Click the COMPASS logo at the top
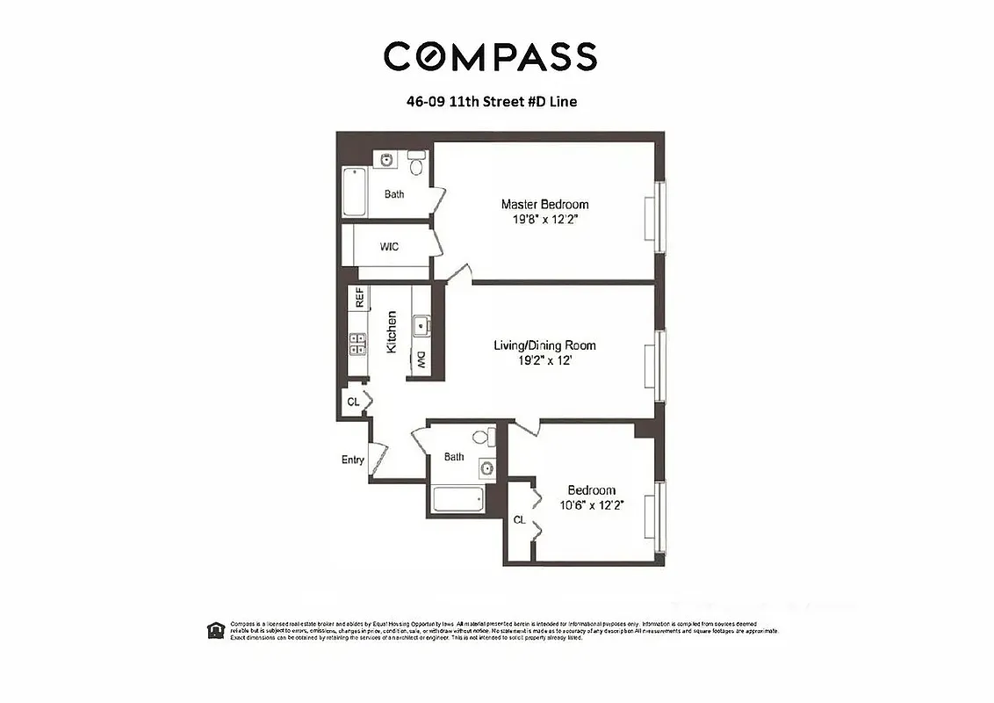(490, 56)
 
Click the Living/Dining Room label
(544, 345)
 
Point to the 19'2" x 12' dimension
(544, 360)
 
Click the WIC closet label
(389, 247)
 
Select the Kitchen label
(392, 332)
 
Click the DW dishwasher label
(421, 360)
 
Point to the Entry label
(353, 460)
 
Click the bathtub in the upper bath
(354, 191)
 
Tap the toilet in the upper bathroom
(418, 163)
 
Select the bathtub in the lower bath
(457, 499)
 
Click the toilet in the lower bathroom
(480, 436)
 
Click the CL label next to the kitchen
(353, 402)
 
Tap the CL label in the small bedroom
(519, 519)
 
